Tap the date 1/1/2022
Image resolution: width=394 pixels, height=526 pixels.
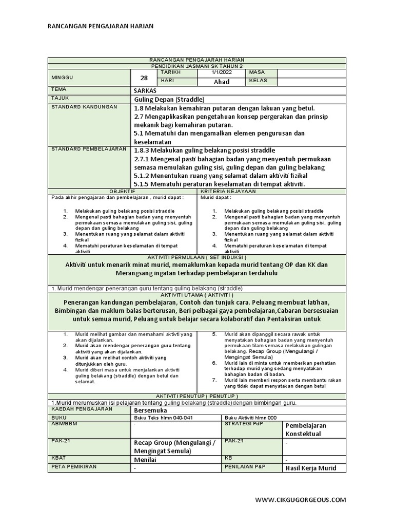coord(221,73)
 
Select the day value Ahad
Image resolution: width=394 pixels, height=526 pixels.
coord(221,82)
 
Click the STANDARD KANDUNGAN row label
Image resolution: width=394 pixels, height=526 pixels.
coord(84,107)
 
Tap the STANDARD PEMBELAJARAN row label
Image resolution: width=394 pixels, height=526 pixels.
coord(89,149)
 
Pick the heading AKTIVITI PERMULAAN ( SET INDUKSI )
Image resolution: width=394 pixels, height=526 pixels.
coord(197,257)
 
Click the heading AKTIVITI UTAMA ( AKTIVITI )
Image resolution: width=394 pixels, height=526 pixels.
coord(197,295)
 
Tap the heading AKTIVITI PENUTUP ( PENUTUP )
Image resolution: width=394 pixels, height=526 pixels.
coord(197,396)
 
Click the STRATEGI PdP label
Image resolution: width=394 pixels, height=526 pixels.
coord(243,424)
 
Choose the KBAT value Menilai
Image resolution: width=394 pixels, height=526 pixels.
coord(145,460)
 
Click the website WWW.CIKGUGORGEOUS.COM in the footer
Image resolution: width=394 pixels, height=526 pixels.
coord(301,499)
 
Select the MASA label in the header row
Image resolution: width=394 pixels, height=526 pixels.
coord(257,73)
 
